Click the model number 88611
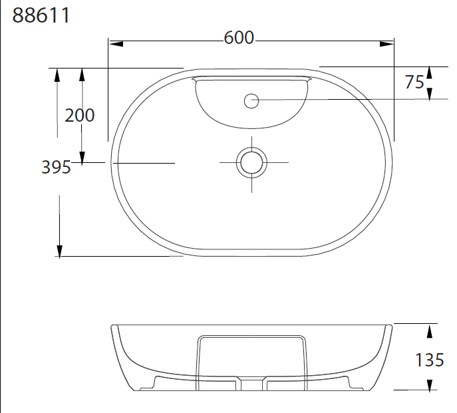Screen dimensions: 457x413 pos(41,15)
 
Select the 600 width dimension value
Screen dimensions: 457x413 pos(239,38)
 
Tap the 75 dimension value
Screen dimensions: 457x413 pos(414,82)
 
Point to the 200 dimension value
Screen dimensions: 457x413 pos(79,116)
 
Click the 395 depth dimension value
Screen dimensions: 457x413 pos(57,168)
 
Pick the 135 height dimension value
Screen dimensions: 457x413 pos(429,360)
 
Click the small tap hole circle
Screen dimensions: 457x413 pos(251,101)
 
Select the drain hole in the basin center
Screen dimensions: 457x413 pos(251,163)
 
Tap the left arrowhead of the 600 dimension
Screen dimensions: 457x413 pos(116,44)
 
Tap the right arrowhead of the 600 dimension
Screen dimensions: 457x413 pos(386,44)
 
